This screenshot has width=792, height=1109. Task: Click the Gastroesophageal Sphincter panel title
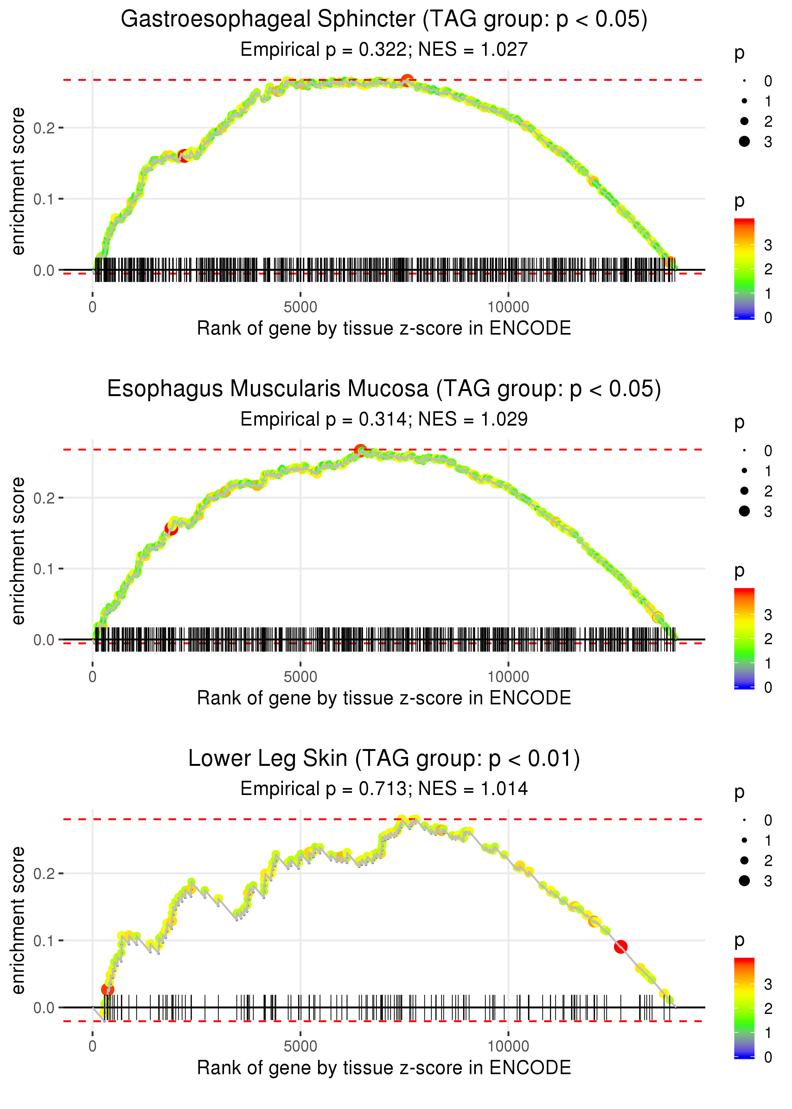point(384,20)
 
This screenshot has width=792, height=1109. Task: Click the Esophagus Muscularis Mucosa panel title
point(384,389)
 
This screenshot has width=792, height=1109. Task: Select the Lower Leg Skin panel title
point(384,759)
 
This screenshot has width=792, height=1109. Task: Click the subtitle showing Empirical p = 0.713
point(384,789)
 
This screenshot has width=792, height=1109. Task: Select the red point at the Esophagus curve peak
point(360,450)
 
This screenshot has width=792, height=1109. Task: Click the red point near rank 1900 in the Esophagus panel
point(171,528)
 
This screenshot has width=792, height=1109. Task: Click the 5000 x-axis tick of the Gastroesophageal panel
point(300,307)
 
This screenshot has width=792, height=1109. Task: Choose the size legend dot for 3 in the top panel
point(744,141)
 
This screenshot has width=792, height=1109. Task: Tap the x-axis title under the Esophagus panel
point(384,698)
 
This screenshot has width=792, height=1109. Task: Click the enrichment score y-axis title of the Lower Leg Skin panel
point(18,920)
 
